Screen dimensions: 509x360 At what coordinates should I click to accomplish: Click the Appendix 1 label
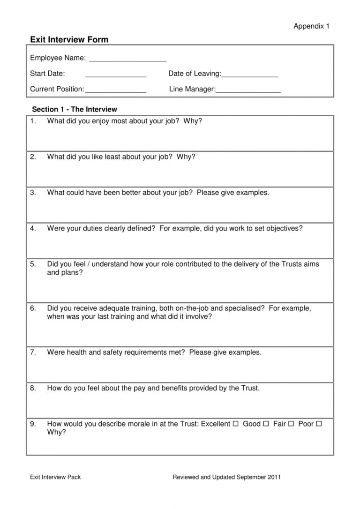(311, 26)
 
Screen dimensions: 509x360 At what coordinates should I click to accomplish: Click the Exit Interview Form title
(69, 40)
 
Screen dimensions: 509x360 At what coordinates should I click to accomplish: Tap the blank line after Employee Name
(127, 59)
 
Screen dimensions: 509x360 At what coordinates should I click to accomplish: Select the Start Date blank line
(116, 75)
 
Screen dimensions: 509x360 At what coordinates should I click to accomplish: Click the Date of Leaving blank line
(249, 75)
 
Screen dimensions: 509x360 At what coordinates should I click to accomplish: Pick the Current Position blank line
(116, 90)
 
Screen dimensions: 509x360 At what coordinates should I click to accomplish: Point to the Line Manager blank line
(248, 90)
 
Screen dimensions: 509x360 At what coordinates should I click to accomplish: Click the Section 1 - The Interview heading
(75, 109)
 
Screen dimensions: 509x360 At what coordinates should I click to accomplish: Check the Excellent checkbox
(235, 424)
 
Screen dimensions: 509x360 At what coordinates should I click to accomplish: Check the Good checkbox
(266, 424)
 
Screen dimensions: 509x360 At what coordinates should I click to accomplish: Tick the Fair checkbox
(291, 424)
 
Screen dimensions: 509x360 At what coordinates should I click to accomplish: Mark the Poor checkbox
(319, 424)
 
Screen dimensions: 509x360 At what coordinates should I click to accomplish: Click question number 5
(33, 264)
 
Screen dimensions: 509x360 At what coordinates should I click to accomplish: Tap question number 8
(33, 388)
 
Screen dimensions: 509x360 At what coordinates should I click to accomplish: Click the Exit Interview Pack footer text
(55, 477)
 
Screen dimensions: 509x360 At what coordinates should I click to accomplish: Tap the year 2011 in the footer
(274, 477)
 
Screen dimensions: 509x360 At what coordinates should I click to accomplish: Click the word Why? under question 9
(56, 432)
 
